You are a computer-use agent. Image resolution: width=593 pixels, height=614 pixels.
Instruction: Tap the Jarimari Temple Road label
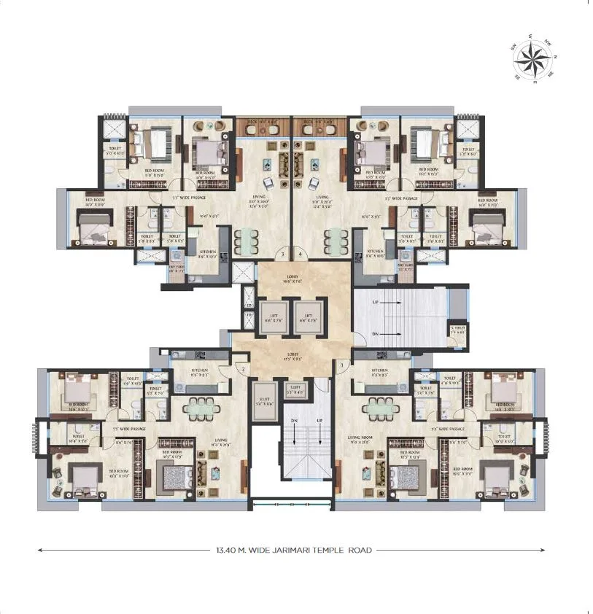coord(290,550)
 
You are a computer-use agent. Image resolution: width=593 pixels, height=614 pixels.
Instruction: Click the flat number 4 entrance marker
coord(301,254)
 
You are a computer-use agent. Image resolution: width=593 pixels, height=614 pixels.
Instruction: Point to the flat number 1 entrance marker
coord(341,364)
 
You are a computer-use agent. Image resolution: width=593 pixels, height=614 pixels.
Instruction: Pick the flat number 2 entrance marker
coord(241,370)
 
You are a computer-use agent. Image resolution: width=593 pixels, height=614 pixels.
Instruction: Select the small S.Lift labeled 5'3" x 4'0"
coord(296,391)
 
